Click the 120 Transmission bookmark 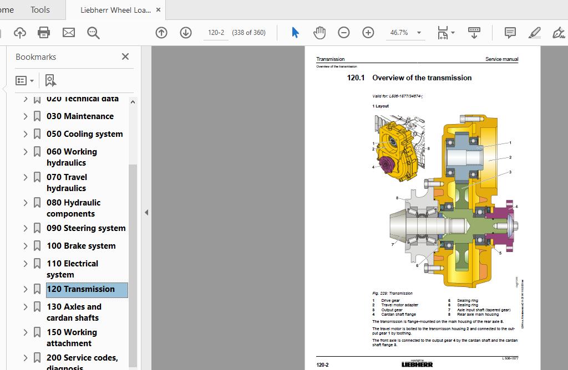tap(80, 289)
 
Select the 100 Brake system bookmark tap(81, 246)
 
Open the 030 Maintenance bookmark tap(80, 116)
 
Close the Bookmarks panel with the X tap(125, 56)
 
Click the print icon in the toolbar tap(44, 33)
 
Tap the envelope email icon tap(69, 33)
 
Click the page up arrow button tap(161, 33)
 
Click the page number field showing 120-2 tap(216, 33)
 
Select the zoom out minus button tap(344, 33)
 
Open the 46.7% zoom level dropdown tap(405, 33)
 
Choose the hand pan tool tap(319, 33)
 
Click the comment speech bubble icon tap(510, 33)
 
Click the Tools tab tap(40, 9)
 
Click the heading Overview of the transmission tap(422, 78)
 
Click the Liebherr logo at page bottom tap(417, 364)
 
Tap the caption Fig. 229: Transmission tap(392, 294)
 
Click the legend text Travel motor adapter tap(399, 305)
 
